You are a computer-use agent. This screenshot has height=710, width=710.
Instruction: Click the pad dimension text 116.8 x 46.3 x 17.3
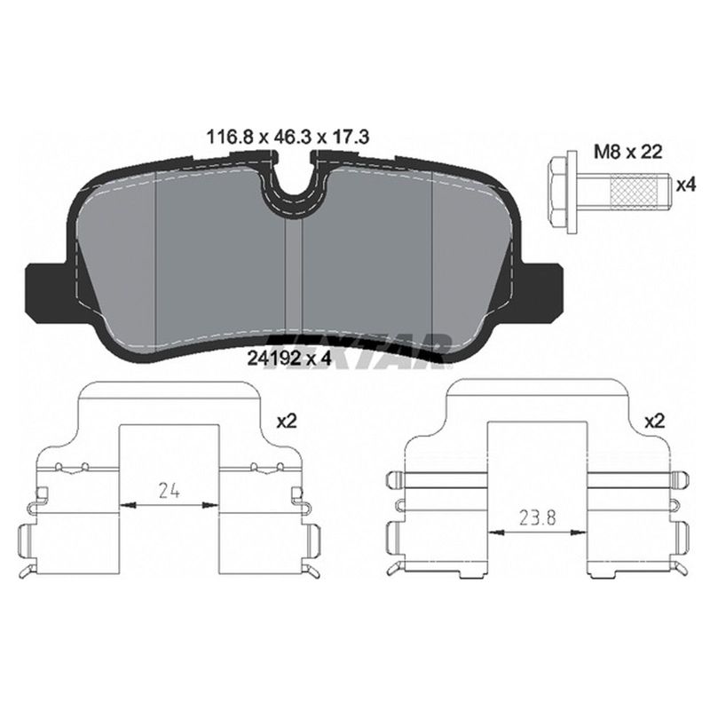point(288,137)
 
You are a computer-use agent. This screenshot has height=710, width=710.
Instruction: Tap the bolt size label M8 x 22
point(628,152)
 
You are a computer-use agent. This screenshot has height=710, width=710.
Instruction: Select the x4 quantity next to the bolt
point(685,185)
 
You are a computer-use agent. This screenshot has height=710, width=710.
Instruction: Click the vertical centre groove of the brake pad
point(293,276)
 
